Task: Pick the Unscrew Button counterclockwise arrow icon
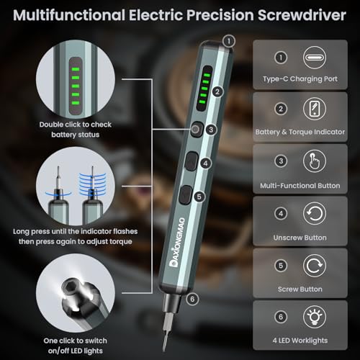click(x=312, y=214)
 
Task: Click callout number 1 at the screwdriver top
click(x=228, y=41)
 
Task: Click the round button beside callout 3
click(x=194, y=130)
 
